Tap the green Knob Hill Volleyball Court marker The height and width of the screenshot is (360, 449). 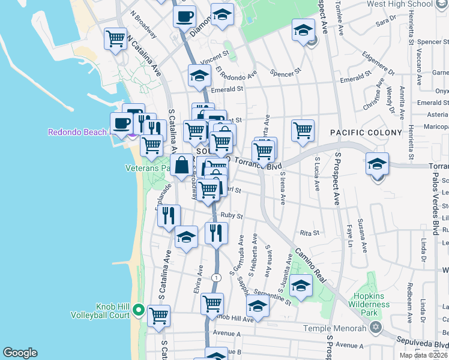(x=137, y=310)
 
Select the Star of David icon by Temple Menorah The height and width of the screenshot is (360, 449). (x=376, y=328)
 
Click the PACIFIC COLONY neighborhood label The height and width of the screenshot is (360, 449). (x=366, y=132)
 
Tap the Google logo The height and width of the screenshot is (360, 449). (x=20, y=353)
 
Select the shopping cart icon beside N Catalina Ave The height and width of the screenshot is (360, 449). (x=115, y=40)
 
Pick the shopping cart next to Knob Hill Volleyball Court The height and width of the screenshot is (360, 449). (x=158, y=316)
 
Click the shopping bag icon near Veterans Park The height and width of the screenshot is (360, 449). (x=181, y=166)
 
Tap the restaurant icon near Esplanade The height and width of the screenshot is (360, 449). (x=169, y=215)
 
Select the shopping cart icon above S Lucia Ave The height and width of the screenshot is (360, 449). (x=303, y=130)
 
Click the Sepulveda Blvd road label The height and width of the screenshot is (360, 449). (x=423, y=344)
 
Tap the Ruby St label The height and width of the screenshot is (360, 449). (x=231, y=215)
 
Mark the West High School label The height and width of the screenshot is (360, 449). (x=408, y=4)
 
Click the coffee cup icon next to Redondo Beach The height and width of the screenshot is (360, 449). (x=122, y=124)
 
